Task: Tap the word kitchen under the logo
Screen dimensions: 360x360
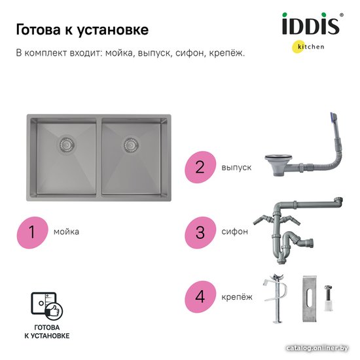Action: coord(311,47)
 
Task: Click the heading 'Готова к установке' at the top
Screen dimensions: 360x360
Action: coord(82,30)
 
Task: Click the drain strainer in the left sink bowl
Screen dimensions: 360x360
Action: coord(67,144)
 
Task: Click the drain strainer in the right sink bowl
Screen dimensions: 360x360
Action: coord(131,145)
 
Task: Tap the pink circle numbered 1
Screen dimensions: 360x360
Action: coord(32,232)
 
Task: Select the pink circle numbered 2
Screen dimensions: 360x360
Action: coord(200,167)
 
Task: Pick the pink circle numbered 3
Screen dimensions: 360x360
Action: coord(200,232)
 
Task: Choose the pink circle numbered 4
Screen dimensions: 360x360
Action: coord(200,297)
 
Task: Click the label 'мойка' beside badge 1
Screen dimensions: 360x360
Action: coord(66,232)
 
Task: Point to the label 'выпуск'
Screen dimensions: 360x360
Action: coord(236,168)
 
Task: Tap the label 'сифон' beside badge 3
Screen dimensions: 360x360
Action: coord(234,232)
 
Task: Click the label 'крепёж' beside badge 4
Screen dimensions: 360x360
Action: coord(237,297)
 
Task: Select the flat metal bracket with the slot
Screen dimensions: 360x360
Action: coord(309,298)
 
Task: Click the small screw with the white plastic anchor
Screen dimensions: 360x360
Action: coord(328,298)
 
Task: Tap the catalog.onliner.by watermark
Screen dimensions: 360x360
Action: coord(317,348)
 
